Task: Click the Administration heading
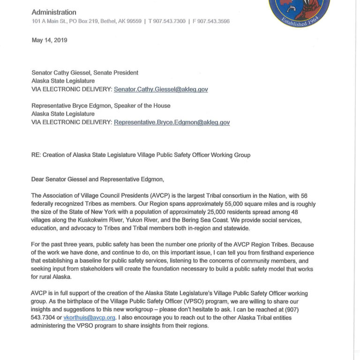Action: pos(54,13)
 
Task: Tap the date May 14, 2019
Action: pos(49,40)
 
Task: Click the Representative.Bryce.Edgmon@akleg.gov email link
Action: pos(172,122)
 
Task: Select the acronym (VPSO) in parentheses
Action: pos(176,301)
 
